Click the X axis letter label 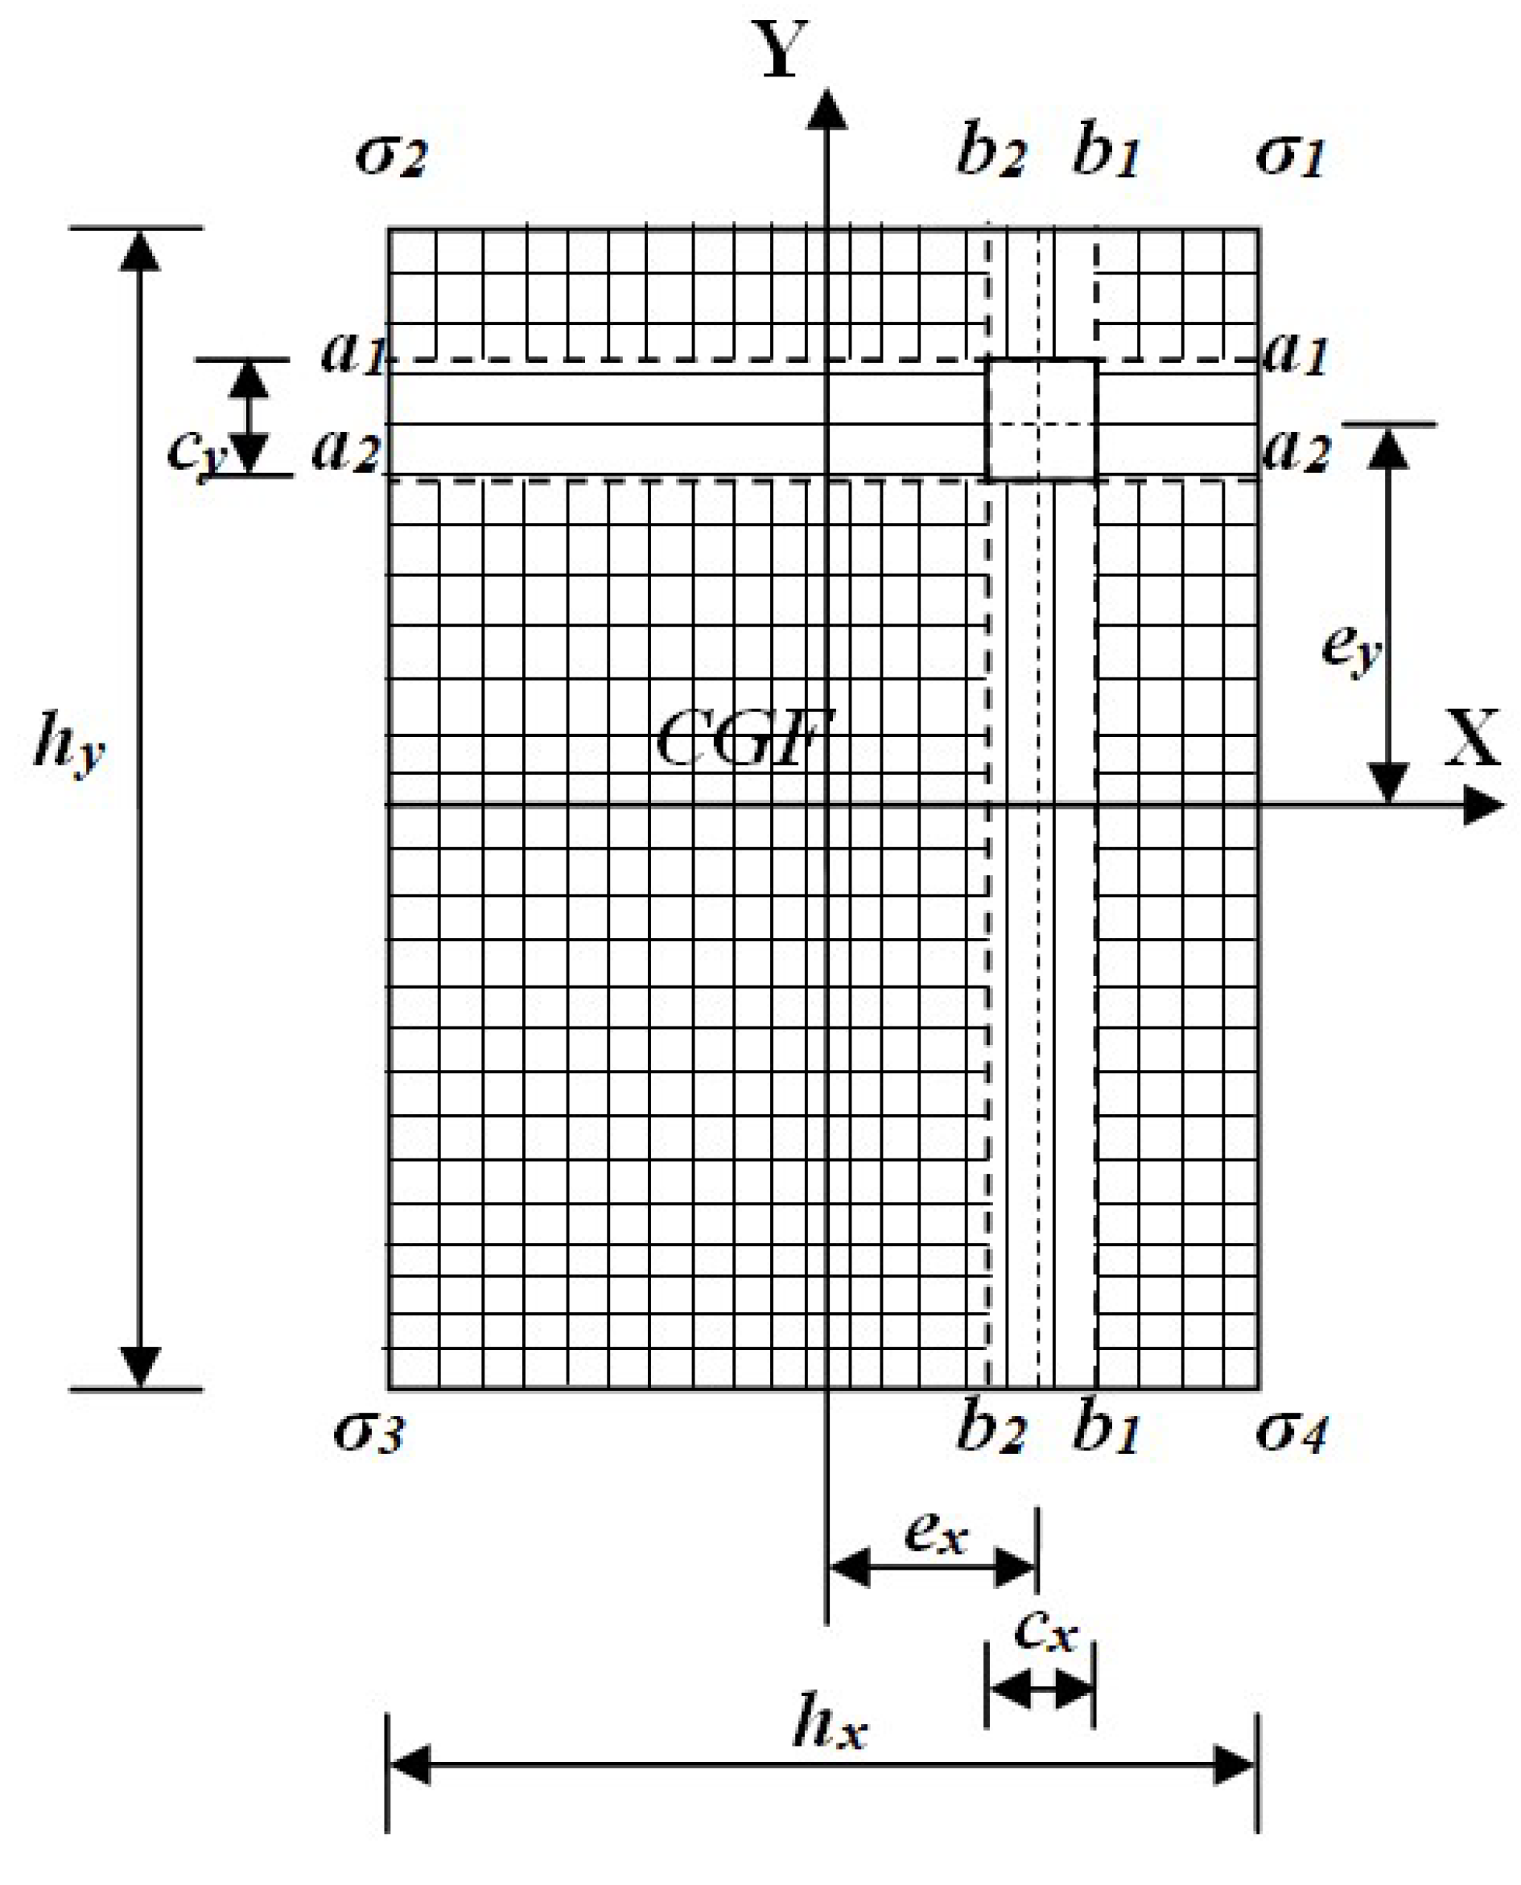point(1472,738)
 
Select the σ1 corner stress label point(1290,156)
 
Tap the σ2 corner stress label point(391,156)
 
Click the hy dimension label point(68,744)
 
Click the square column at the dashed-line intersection point(1041,418)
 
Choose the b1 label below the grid point(1106,1430)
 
